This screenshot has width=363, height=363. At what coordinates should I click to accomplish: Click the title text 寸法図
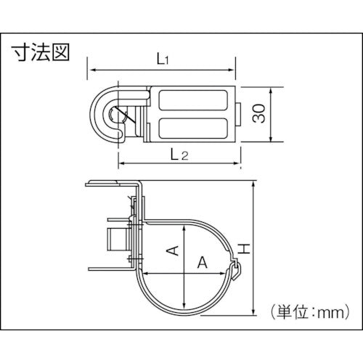pyautogui.click(x=41, y=52)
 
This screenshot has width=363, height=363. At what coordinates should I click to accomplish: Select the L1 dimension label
pyautogui.click(x=163, y=59)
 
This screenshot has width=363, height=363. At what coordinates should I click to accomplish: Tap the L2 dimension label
pyautogui.click(x=179, y=155)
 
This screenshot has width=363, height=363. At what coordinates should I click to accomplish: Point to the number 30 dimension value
pyautogui.click(x=258, y=113)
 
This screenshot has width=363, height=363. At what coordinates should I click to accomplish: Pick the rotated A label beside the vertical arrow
pyautogui.click(x=173, y=250)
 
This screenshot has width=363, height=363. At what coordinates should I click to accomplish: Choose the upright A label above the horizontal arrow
pyautogui.click(x=203, y=262)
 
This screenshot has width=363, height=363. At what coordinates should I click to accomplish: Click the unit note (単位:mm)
pyautogui.click(x=310, y=312)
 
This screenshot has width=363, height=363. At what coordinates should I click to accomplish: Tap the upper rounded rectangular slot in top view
pyautogui.click(x=192, y=99)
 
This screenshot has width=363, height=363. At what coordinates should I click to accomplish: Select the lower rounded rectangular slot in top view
pyautogui.click(x=192, y=128)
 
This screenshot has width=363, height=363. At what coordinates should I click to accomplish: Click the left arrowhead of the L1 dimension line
pyautogui.click(x=93, y=70)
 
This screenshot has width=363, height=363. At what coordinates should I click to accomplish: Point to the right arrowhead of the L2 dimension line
pyautogui.click(x=236, y=163)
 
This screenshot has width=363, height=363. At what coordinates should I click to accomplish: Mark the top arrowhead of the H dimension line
pyautogui.click(x=253, y=184)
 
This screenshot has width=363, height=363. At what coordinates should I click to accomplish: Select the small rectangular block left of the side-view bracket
pyautogui.click(x=118, y=240)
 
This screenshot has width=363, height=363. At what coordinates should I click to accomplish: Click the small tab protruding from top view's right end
pyautogui.click(x=238, y=114)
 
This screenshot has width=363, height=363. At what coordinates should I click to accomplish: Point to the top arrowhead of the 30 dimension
pyautogui.click(x=271, y=91)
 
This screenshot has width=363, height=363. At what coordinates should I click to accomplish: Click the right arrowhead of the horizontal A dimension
pyautogui.click(x=222, y=274)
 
